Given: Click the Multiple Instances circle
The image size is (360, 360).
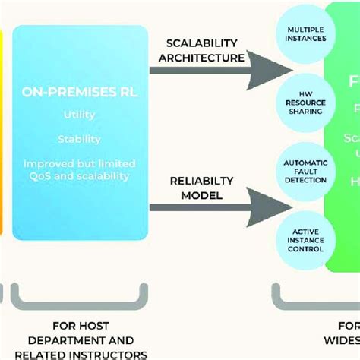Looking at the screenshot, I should (x=305, y=34).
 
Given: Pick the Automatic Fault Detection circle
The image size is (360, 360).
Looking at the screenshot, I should (x=305, y=171).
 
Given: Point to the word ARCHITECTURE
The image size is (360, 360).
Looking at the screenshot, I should (x=201, y=58).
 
